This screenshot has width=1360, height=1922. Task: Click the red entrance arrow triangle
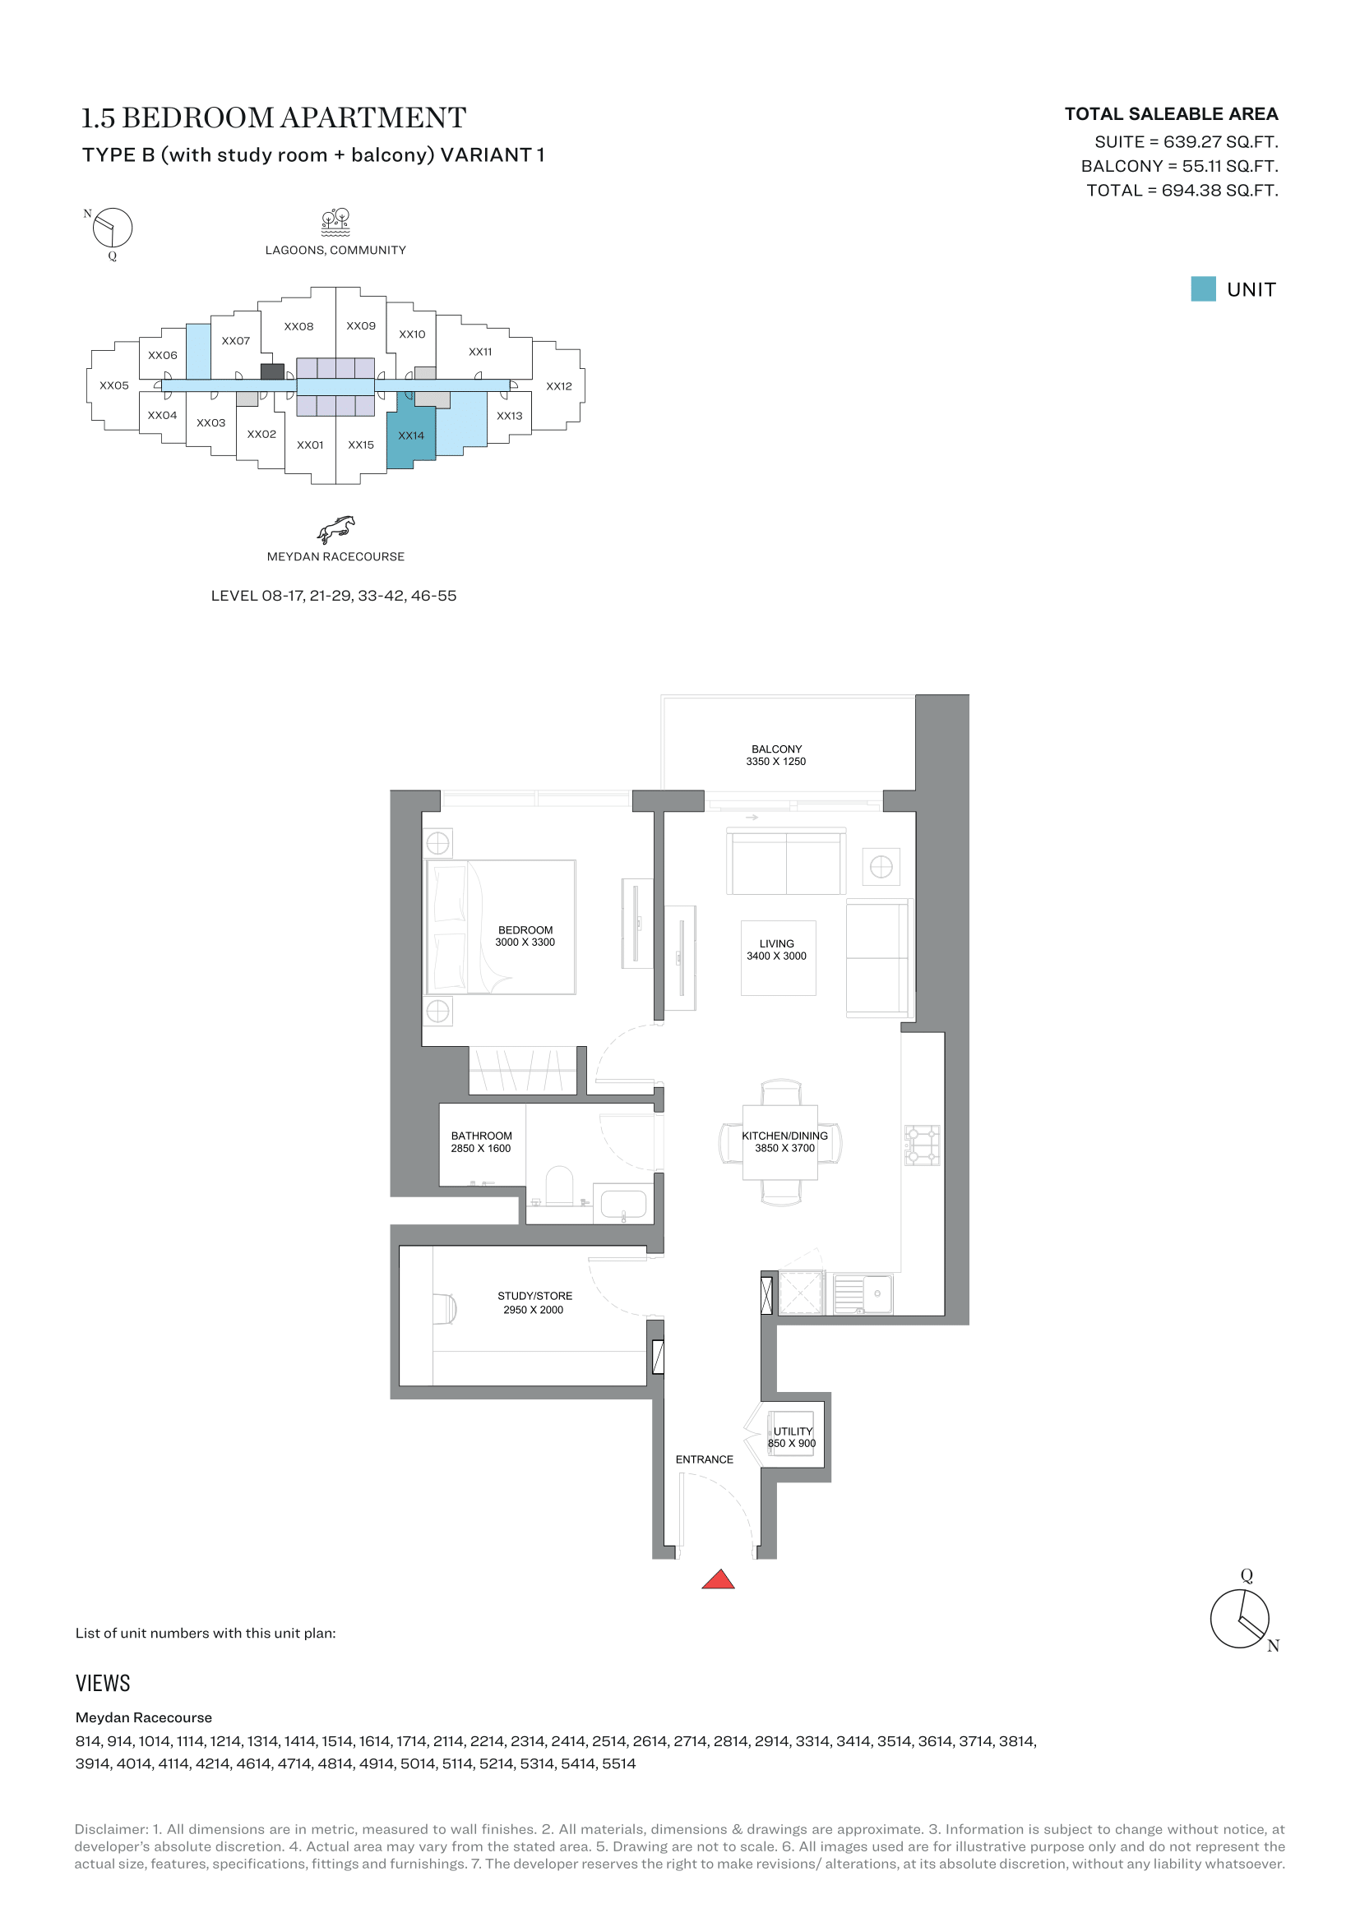[718, 1580]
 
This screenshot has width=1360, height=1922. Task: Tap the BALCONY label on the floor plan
[776, 749]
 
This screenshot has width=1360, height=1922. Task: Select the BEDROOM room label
[525, 930]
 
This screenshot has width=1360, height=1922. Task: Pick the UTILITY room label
[792, 1431]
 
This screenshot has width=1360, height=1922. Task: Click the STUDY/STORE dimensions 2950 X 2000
[534, 1310]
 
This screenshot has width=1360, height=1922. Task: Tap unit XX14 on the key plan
[411, 436]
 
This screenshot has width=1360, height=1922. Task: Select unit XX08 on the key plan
[299, 326]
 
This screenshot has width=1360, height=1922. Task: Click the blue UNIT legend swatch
[1203, 288]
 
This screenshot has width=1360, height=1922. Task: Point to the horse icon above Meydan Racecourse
[335, 530]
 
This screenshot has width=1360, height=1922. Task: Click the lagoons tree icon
[335, 222]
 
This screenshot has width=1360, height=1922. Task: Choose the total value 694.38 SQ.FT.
[1219, 191]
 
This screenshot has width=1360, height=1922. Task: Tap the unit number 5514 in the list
[619, 1763]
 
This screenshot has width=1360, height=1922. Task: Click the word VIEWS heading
[103, 1684]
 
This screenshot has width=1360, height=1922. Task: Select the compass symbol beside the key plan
[112, 228]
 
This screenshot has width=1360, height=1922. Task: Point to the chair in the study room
[445, 1309]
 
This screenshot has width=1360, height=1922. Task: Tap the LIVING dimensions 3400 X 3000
[776, 956]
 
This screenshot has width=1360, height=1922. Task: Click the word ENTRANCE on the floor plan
[705, 1459]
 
